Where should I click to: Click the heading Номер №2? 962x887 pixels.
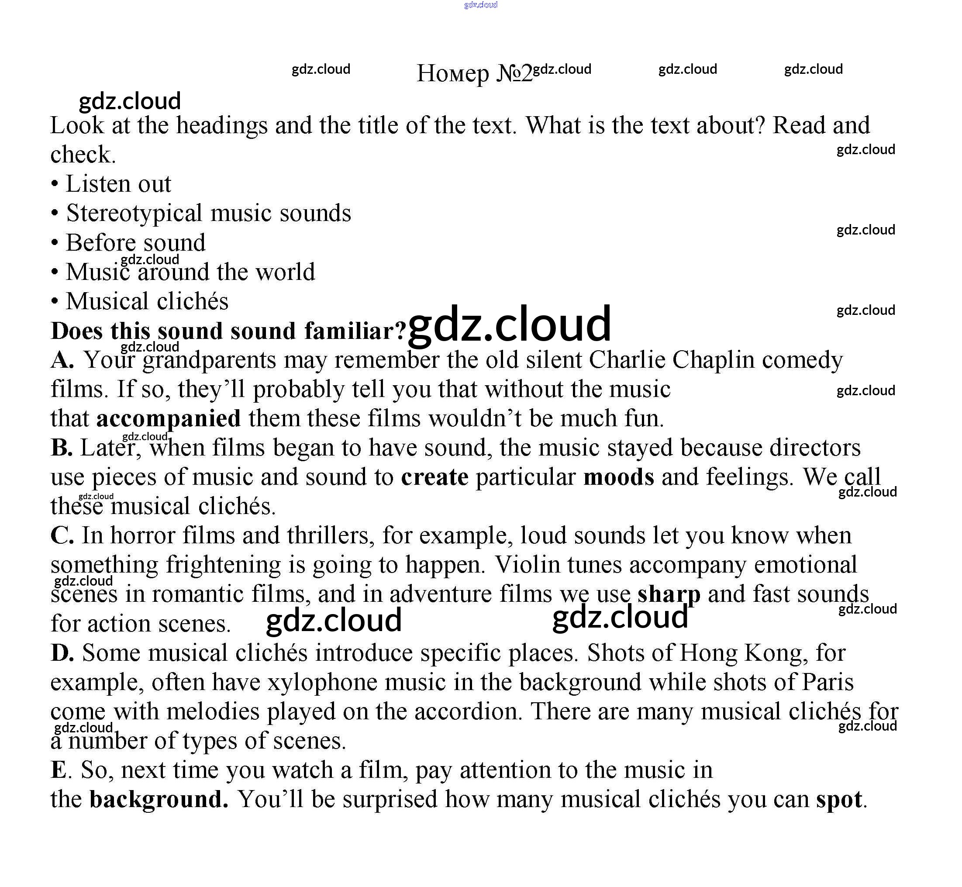[474, 73]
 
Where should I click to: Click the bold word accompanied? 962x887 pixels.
[169, 418]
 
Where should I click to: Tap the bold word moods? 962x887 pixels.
[618, 477]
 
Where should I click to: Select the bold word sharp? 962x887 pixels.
[669, 595]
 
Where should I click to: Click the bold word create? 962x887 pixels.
[434, 477]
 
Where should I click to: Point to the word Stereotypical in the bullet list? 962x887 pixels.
[134, 213]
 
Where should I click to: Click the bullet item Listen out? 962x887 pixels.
[118, 184]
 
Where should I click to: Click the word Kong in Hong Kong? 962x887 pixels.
[773, 653]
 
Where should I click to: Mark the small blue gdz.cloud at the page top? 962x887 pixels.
[481, 5]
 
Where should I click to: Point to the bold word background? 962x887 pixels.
[159, 800]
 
